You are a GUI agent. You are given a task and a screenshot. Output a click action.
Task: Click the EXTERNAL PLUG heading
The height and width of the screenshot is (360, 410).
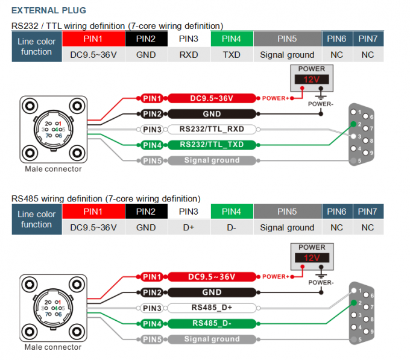pyautogui.click(x=49, y=10)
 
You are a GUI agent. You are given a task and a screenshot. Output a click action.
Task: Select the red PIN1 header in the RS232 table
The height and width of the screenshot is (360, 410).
pyautogui.click(x=93, y=39)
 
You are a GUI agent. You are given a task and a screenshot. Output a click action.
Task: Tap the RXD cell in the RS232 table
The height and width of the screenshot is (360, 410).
pyautogui.click(x=189, y=55)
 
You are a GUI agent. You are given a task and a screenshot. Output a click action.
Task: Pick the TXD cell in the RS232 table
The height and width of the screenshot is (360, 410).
pyautogui.click(x=232, y=55)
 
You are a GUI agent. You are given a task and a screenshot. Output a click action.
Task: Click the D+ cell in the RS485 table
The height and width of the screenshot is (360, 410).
pyautogui.click(x=189, y=227)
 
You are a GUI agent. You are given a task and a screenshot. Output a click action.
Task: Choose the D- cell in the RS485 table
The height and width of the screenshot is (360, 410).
pyautogui.click(x=232, y=227)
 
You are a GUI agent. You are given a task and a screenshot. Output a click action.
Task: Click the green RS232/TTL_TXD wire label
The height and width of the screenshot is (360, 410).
pyautogui.click(x=212, y=145)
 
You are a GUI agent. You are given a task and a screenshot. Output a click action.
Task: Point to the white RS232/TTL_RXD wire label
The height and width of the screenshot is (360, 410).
pyautogui.click(x=212, y=129)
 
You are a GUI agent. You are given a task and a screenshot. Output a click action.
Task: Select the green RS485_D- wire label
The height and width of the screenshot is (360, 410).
pyautogui.click(x=212, y=323)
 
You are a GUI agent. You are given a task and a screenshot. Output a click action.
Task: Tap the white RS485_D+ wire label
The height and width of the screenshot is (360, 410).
pyautogui.click(x=212, y=308)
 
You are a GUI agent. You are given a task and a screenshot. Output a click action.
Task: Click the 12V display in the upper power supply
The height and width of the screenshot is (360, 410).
pyautogui.click(x=311, y=80)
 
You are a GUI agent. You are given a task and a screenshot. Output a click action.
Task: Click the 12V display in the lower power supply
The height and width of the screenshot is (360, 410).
pyautogui.click(x=311, y=257)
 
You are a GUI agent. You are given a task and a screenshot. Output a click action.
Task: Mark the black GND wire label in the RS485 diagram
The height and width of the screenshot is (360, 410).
pyautogui.click(x=212, y=292)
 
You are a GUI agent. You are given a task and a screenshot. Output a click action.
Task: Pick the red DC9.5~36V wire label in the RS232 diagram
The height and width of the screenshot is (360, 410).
pyautogui.click(x=212, y=98)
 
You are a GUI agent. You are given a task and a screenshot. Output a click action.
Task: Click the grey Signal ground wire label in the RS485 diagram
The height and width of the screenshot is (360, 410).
pyautogui.click(x=212, y=339)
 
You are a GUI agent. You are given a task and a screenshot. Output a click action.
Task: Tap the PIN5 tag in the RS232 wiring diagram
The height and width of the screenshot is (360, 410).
pyautogui.click(x=152, y=160)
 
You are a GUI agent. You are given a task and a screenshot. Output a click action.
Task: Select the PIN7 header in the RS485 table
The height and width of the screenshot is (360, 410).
pyautogui.click(x=368, y=212)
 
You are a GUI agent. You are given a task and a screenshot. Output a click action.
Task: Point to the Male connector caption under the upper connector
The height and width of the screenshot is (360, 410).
pyautogui.click(x=53, y=169)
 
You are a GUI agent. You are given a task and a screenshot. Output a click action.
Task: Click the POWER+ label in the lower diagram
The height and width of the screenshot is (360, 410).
pyautogui.click(x=276, y=277)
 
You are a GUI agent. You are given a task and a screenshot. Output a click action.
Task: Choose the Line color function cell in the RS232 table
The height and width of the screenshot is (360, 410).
pyautogui.click(x=37, y=46)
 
